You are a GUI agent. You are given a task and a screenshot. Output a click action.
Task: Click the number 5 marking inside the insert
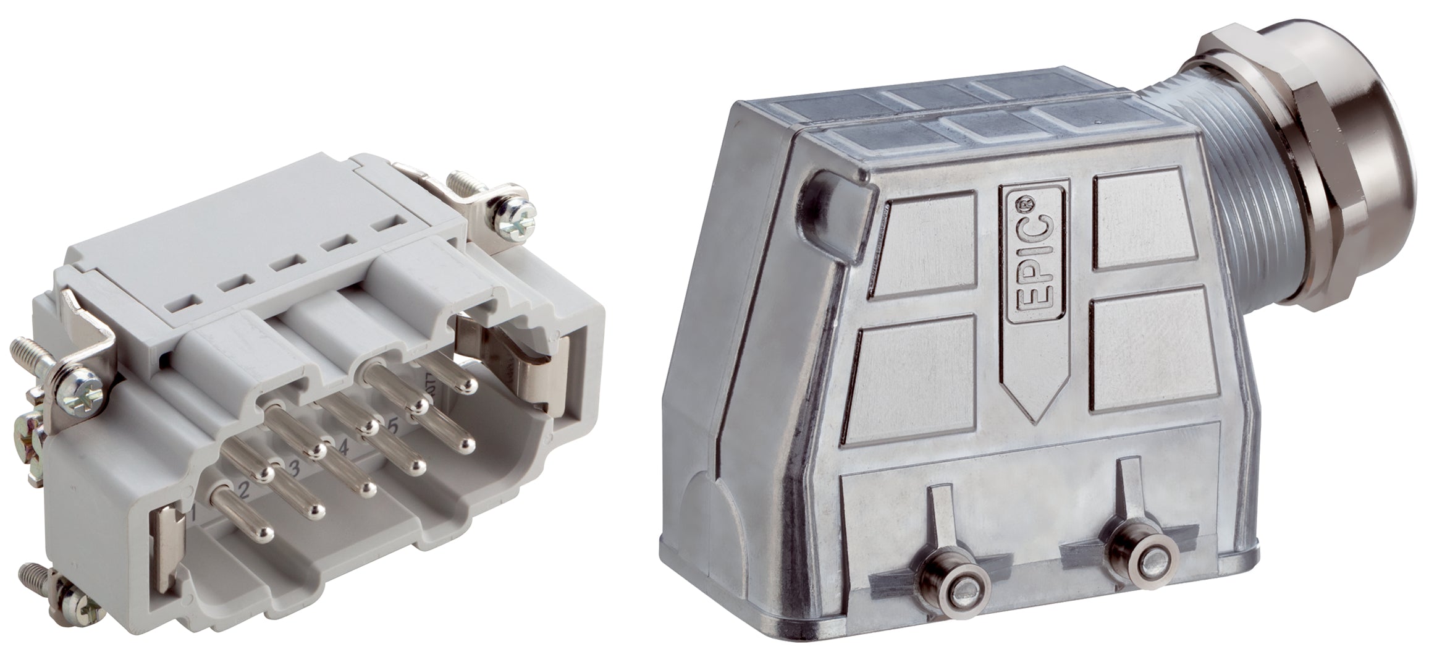pyautogui.click(x=391, y=426)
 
